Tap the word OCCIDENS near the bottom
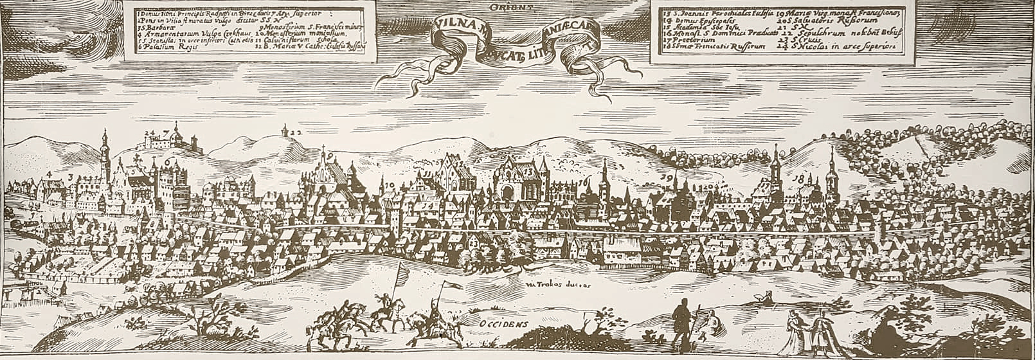(502, 325)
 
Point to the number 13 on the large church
(528, 172)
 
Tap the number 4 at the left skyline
(50, 174)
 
